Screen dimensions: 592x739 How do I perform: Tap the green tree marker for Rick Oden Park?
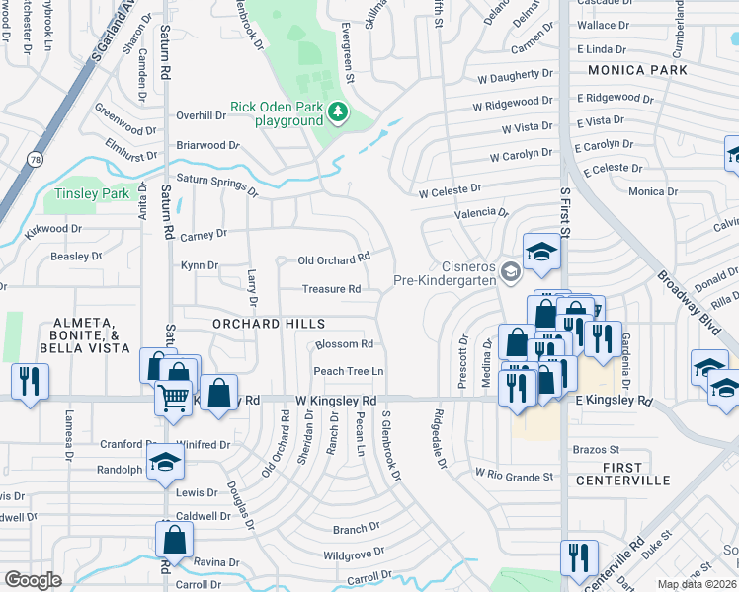coord(339,112)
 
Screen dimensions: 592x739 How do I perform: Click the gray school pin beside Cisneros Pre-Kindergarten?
coord(510,271)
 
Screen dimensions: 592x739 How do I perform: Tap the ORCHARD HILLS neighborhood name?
coord(269,324)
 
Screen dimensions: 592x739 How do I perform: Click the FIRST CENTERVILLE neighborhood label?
coord(621,474)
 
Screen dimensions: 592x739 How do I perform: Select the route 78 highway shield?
coord(36,159)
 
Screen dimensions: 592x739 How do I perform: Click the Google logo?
coord(33,580)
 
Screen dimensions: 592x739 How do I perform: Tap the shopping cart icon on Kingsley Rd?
coord(173,397)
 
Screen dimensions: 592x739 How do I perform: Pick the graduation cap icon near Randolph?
coord(165,462)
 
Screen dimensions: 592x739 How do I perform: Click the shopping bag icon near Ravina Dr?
coord(174,540)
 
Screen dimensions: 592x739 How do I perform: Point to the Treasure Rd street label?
coord(331,289)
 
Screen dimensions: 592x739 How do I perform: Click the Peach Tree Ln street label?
coord(348,371)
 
